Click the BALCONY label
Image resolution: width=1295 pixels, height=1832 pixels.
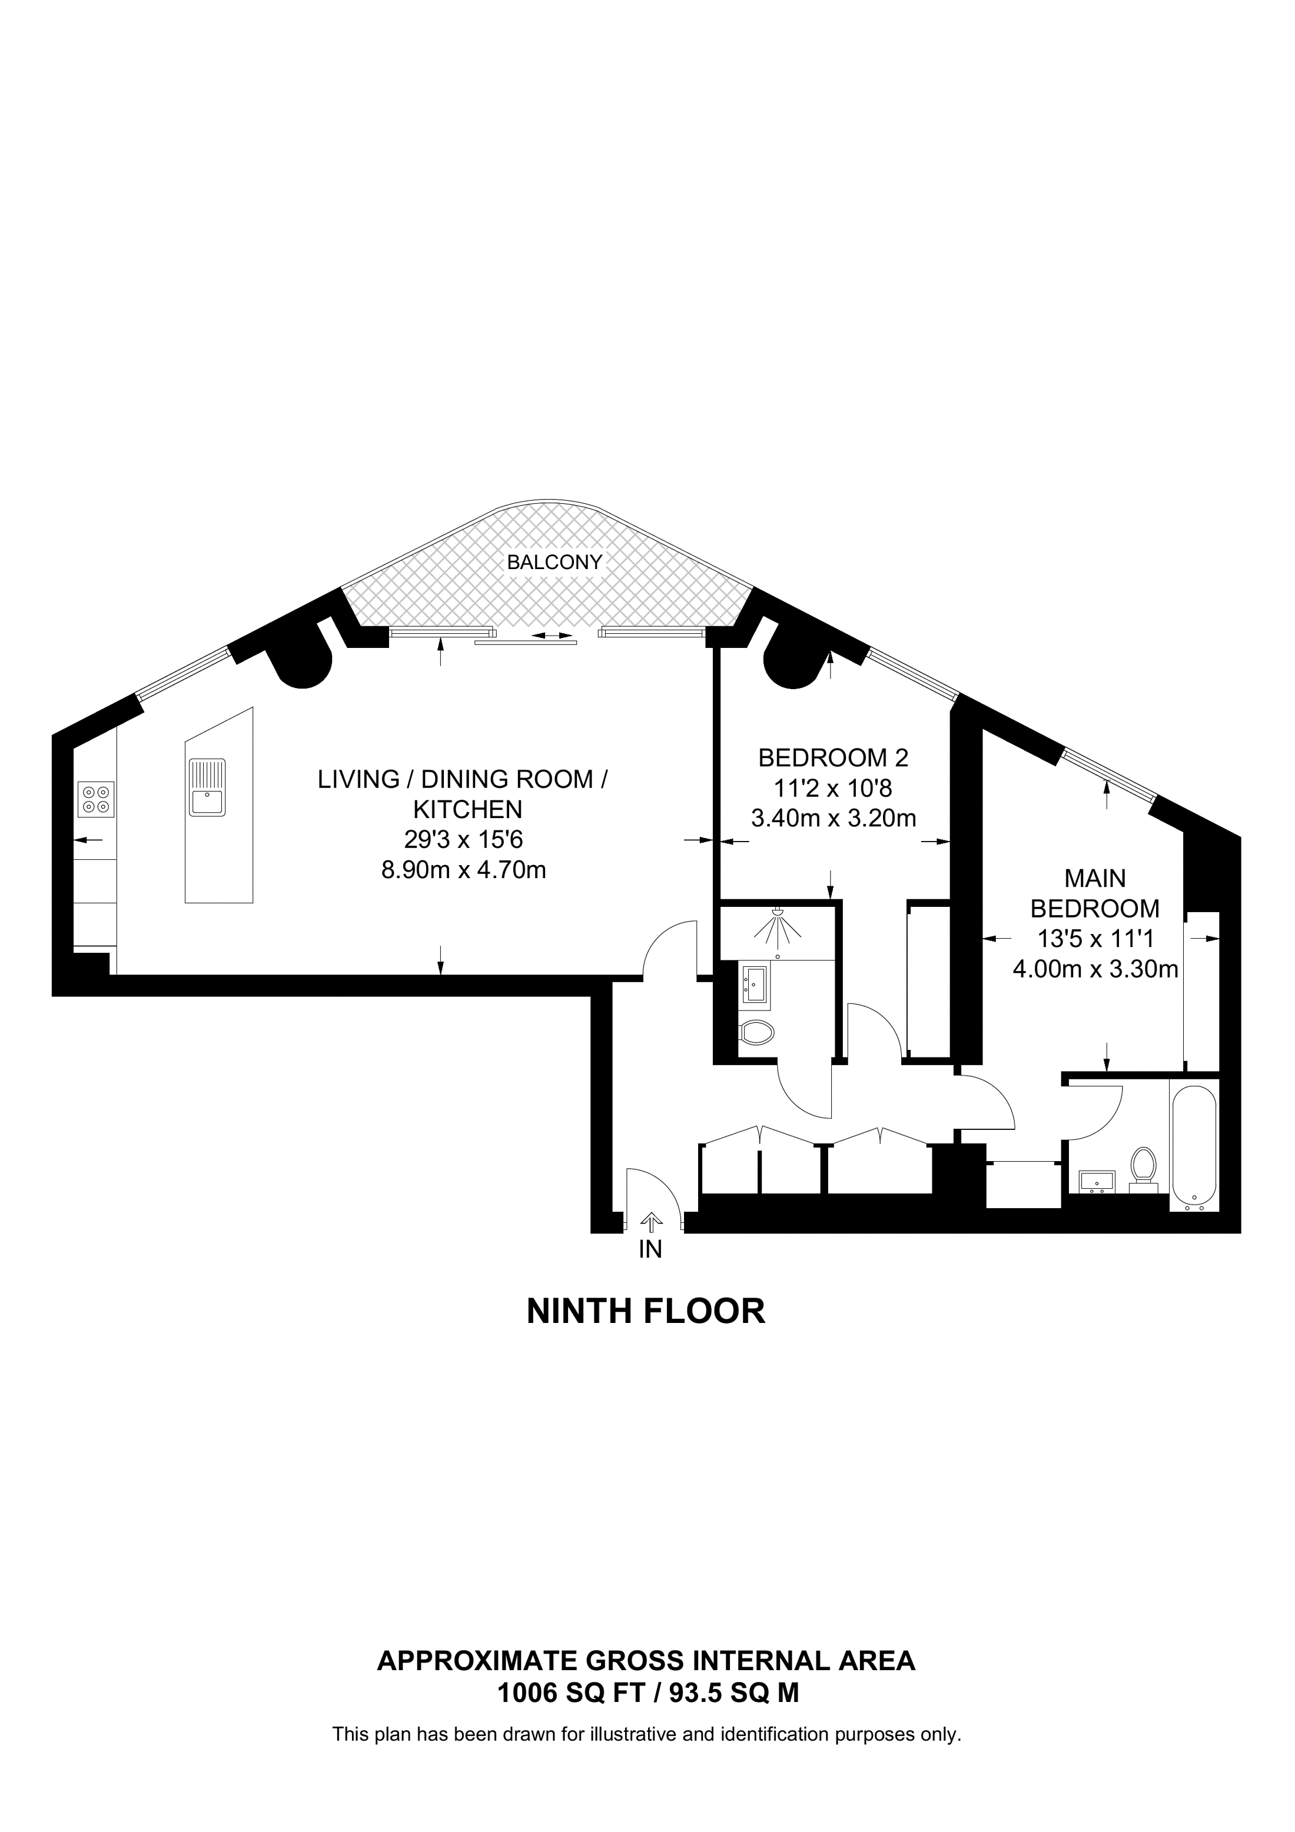pos(554,562)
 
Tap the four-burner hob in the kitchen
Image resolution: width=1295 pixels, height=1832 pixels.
pos(96,799)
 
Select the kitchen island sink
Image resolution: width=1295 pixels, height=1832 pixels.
pos(207,787)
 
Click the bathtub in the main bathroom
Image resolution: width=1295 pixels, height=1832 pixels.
pos(1194,1153)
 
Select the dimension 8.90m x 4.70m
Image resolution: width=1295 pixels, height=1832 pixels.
pos(464,870)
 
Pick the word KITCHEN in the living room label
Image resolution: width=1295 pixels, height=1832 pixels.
pos(467,809)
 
